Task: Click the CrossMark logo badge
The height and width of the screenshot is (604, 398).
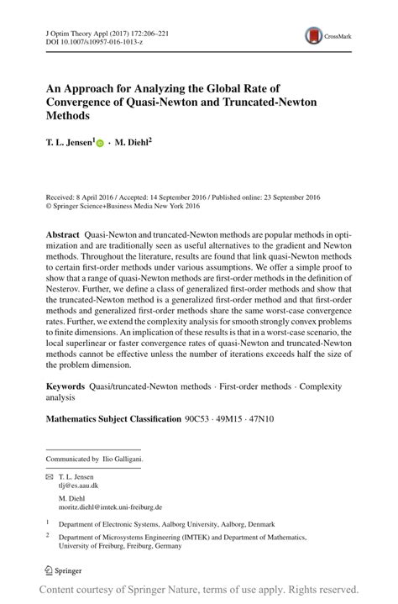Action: point(322,35)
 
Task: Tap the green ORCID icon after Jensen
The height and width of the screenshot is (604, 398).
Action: point(101,144)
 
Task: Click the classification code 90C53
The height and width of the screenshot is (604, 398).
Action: point(196,418)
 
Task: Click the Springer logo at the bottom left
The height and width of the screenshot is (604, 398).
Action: point(64,570)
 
